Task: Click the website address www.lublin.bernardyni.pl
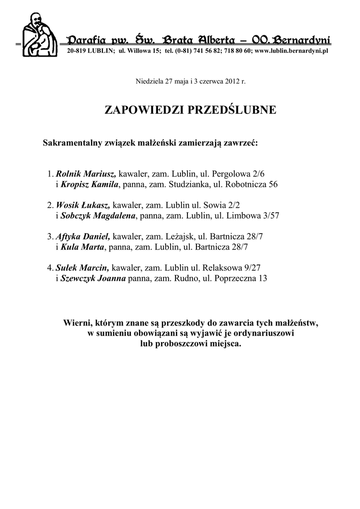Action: point(292,51)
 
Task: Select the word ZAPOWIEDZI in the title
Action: point(144,110)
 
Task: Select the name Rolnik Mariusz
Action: point(86,174)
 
